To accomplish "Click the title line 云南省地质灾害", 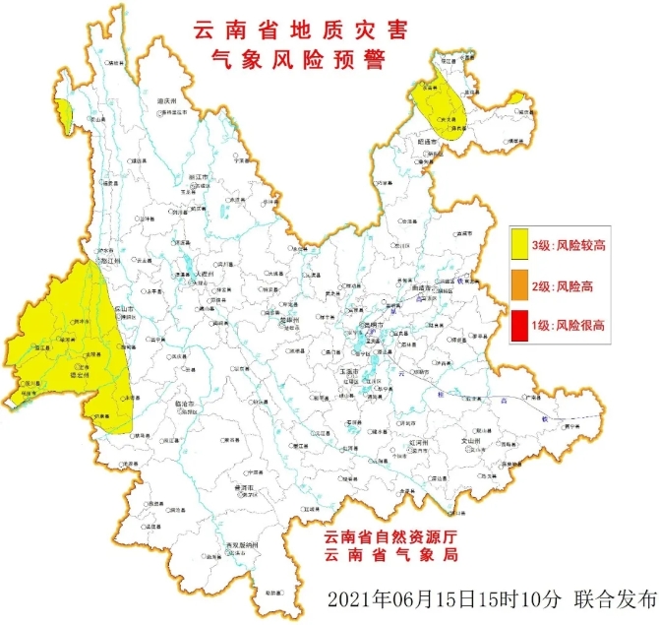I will coord(302,31).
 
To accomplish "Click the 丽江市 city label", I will coord(200,177).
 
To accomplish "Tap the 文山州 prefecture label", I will coord(469,442).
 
